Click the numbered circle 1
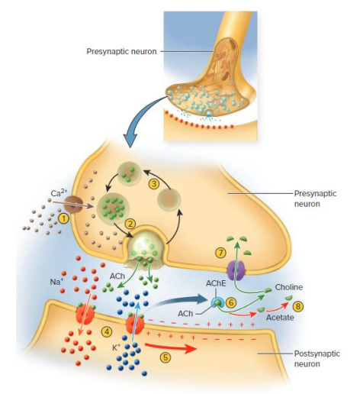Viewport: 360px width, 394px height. coord(64,218)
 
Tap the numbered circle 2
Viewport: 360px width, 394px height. coord(130,224)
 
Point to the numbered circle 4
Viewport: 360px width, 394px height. coord(107,331)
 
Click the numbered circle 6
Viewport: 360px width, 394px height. coord(230,303)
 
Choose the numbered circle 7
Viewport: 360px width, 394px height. coord(222,251)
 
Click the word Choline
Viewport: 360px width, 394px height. coord(289,287)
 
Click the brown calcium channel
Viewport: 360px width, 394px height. coord(74,204)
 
